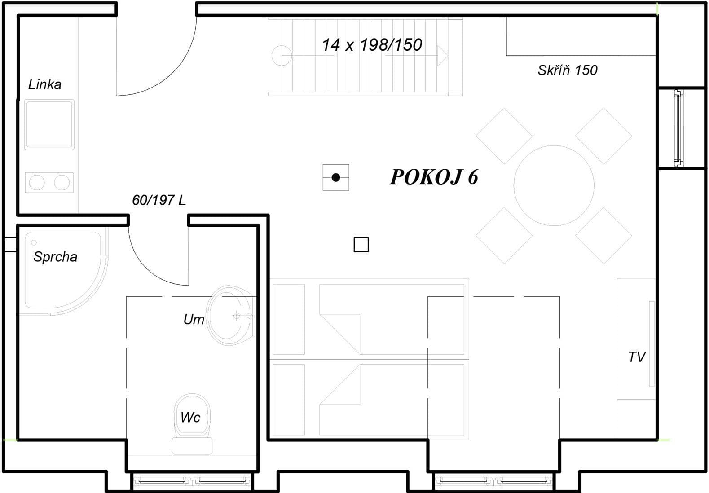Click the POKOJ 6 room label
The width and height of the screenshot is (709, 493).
pos(434,177)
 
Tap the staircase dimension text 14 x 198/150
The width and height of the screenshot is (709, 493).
pos(372,45)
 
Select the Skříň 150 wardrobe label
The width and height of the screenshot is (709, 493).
pos(568,70)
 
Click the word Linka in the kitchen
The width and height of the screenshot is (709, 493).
pos(44,84)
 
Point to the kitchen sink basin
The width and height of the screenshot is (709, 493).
pos(49,124)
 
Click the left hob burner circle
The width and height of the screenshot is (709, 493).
pos(37,183)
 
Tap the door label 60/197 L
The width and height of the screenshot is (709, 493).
pos(159,200)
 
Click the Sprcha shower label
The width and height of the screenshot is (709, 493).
pos(55,257)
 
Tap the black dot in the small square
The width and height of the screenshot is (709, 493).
pos(336,177)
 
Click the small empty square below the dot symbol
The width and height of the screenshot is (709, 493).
pos(361,245)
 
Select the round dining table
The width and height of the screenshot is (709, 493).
pos(554,185)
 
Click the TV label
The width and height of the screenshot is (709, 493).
pos(636,357)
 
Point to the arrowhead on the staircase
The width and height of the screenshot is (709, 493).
pos(443,56)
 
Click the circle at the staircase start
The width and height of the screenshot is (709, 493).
pos(282,56)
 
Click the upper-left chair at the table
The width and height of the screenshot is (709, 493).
pos(504,136)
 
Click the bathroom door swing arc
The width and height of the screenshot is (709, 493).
pos(148,267)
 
